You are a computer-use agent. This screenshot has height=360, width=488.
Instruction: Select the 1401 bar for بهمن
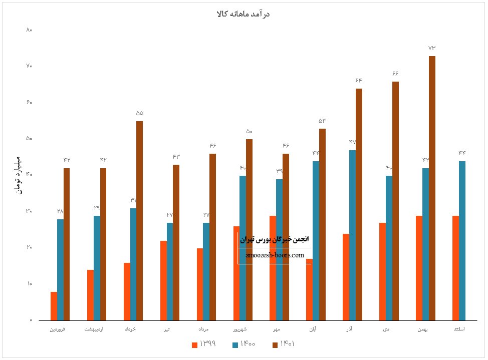[432, 188]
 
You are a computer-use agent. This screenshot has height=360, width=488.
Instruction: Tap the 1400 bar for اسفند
[462, 240]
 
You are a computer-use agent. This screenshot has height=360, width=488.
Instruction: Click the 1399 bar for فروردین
[54, 306]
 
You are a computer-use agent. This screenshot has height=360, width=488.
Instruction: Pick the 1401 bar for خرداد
[139, 220]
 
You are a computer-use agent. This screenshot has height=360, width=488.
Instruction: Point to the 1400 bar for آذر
[352, 235]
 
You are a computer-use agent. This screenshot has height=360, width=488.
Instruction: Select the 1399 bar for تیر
[163, 280]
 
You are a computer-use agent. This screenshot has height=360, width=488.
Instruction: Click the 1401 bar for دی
[395, 200]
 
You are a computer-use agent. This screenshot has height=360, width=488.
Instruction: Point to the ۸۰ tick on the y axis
[29, 30]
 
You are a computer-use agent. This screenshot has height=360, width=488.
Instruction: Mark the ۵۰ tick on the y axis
[29, 139]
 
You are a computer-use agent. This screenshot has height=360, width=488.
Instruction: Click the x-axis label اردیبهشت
[94, 329]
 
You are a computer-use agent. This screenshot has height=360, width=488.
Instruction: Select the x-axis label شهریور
[239, 329]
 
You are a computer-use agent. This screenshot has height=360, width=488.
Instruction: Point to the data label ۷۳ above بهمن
[432, 48]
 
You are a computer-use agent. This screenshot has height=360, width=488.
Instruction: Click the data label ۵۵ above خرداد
[139, 113]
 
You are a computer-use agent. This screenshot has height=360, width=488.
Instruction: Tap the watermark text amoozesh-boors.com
[275, 255]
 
